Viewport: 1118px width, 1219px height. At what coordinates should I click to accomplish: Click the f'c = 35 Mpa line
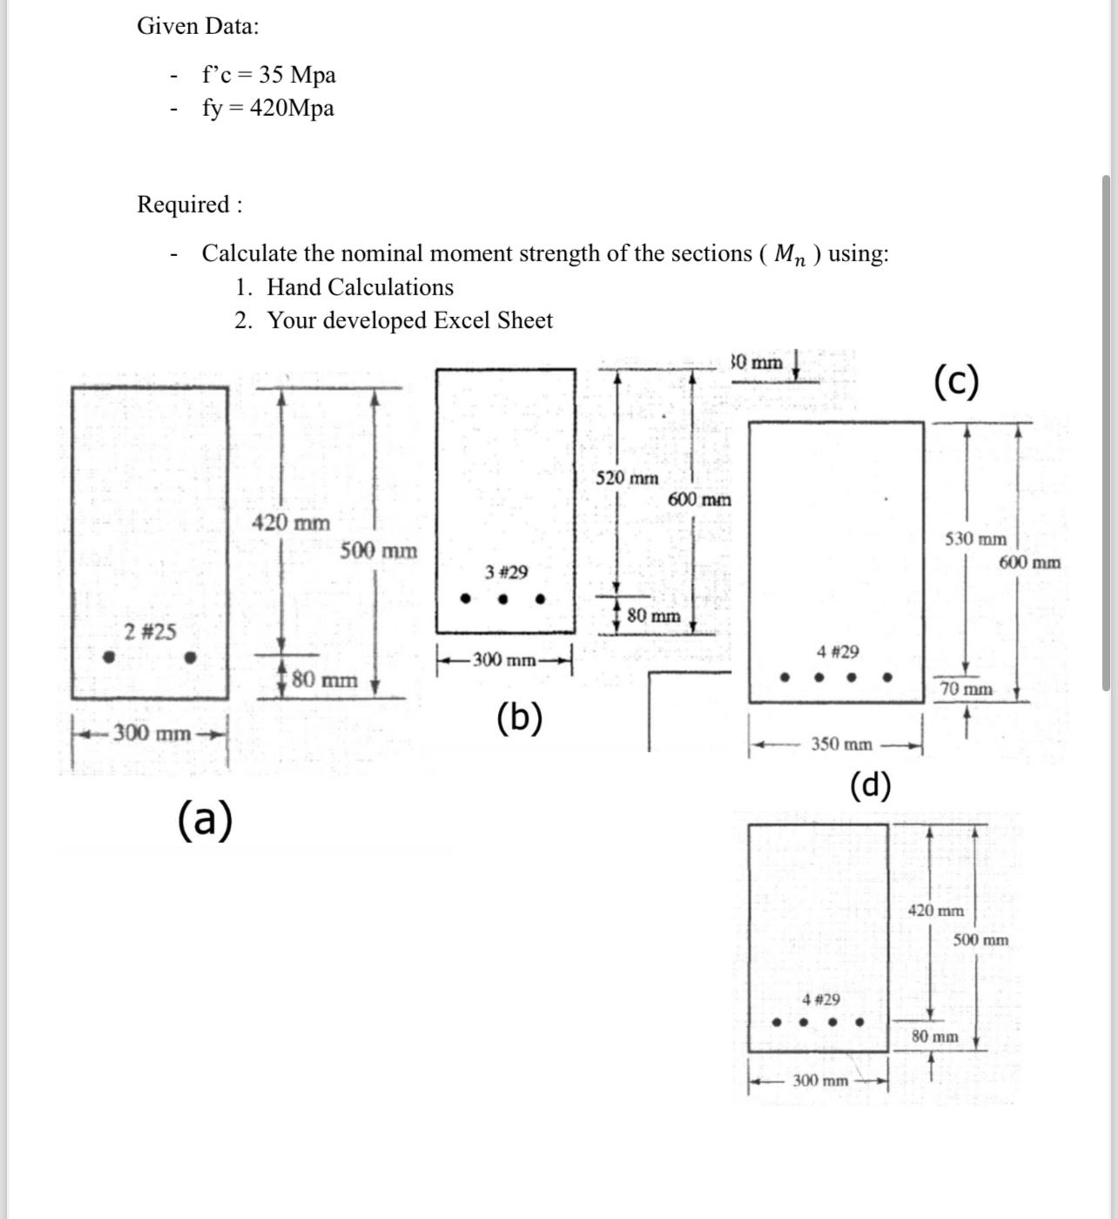268,75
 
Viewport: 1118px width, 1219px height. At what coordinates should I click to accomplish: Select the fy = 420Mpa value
267,108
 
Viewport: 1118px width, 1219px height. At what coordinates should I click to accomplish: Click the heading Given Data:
198,26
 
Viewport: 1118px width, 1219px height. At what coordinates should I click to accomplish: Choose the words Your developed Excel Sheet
409,320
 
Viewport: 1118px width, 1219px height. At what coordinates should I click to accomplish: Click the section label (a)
205,819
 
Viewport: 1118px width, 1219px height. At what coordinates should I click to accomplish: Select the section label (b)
519,718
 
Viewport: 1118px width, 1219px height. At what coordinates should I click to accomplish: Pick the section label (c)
956,381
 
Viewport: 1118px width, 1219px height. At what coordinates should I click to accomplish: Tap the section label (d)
870,785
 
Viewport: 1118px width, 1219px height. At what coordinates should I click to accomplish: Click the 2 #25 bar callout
150,631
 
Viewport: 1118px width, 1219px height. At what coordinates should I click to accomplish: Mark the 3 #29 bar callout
506,572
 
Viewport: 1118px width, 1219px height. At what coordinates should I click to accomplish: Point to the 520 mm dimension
627,478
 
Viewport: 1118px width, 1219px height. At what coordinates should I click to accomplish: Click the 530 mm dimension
975,539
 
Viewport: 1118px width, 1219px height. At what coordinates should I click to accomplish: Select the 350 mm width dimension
841,744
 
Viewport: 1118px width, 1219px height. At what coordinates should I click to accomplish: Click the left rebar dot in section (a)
108,658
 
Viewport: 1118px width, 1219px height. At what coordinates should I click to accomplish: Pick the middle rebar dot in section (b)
502,599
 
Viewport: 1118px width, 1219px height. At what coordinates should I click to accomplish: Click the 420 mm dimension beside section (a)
291,523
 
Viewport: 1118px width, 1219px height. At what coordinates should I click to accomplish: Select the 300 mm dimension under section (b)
504,660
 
